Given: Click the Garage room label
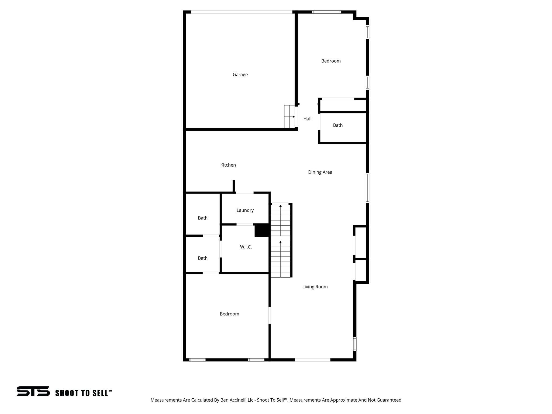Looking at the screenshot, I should pyautogui.click(x=240, y=75).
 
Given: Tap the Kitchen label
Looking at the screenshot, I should pyautogui.click(x=228, y=165).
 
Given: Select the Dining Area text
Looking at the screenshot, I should pyautogui.click(x=320, y=172).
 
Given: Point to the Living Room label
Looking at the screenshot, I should pyautogui.click(x=315, y=287).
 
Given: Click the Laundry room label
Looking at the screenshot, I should pyautogui.click(x=245, y=210).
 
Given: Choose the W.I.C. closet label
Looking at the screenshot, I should pyautogui.click(x=246, y=247).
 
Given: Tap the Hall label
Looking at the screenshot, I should pyautogui.click(x=307, y=119).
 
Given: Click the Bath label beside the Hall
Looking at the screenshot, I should pyautogui.click(x=338, y=125).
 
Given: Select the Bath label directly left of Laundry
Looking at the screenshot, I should pyautogui.click(x=203, y=218).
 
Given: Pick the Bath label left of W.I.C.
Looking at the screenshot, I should pyautogui.click(x=203, y=258).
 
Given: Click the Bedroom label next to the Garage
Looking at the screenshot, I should pyautogui.click(x=331, y=61).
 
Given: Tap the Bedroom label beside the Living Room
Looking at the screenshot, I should pyautogui.click(x=229, y=314).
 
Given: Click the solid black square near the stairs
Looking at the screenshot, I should pyautogui.click(x=262, y=230).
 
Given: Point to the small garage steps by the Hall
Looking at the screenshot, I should pyautogui.click(x=289, y=117).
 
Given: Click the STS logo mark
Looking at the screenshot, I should pyautogui.click(x=33, y=391).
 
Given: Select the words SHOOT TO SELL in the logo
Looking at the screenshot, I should pyautogui.click(x=82, y=393).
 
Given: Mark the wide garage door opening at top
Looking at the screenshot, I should pyautogui.click(x=241, y=12).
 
